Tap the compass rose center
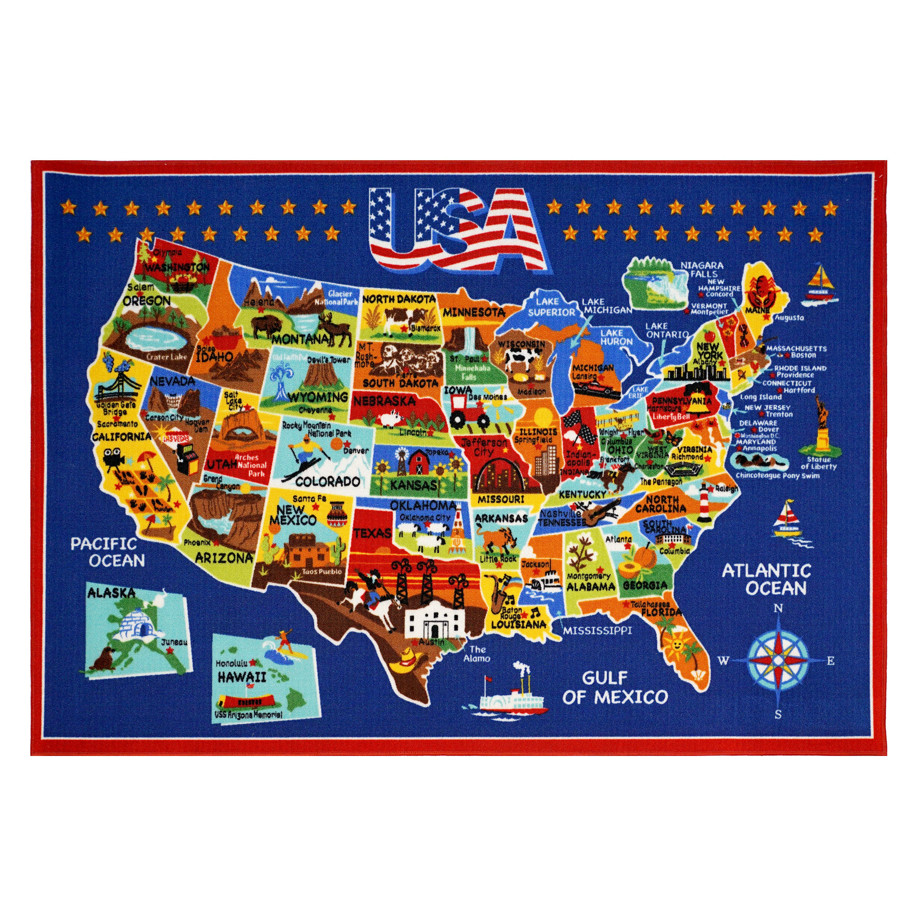(x=778, y=661)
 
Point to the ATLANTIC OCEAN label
(x=766, y=579)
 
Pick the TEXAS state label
(x=373, y=533)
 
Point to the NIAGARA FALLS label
(x=701, y=270)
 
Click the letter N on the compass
(x=778, y=609)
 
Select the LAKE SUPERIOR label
(x=551, y=307)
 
